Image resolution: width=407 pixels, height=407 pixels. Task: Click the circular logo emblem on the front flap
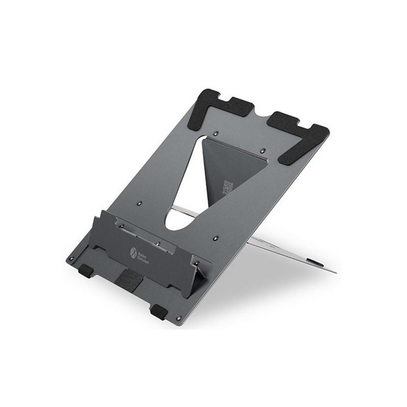click(134, 251)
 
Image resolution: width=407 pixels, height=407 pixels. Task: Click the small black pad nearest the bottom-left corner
click(85, 271)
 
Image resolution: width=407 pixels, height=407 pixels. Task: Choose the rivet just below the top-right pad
click(263, 151)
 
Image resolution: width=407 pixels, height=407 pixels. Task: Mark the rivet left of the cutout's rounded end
click(139, 203)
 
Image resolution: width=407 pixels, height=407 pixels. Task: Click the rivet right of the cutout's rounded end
click(216, 237)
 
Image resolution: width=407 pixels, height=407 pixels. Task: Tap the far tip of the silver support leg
click(333, 271)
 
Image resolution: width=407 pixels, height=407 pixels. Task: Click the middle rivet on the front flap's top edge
click(158, 243)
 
